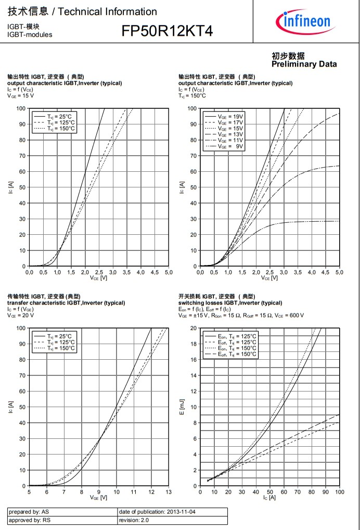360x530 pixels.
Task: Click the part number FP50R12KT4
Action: pyautogui.click(x=167, y=31)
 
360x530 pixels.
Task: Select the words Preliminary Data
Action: pyautogui.click(x=304, y=64)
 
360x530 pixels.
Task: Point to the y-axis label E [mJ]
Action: pyautogui.click(x=182, y=406)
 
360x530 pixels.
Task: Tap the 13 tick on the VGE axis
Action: pyautogui.click(x=168, y=491)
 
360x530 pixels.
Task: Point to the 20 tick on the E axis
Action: pyautogui.click(x=194, y=328)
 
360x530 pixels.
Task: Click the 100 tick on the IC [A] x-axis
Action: pyautogui.click(x=339, y=491)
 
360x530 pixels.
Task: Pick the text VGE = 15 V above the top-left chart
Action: pyautogui.click(x=20, y=96)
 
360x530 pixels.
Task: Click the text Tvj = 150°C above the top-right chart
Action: pyautogui.click(x=192, y=96)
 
